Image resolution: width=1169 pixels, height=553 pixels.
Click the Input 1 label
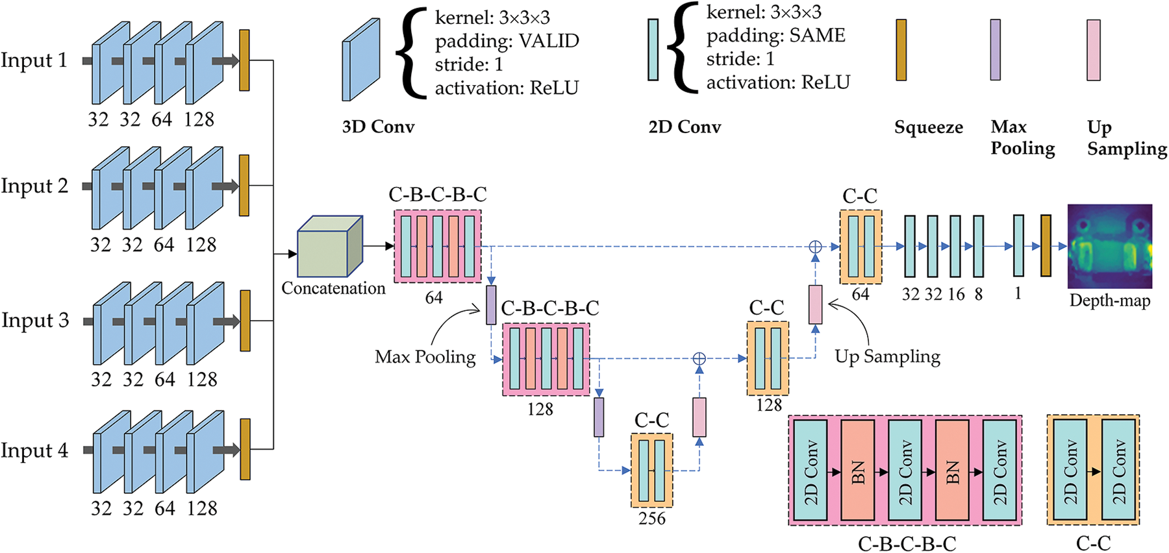[34, 60]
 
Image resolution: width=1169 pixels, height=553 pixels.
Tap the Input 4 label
[34, 450]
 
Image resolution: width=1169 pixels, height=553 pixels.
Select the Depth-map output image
[1110, 246]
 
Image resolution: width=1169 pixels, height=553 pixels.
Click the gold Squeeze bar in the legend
[901, 50]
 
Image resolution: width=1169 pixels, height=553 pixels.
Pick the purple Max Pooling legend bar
[995, 50]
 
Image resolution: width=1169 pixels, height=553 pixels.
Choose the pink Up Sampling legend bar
[1094, 50]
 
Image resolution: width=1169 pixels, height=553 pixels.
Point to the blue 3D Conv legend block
[361, 60]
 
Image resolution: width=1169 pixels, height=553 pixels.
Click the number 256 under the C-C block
[651, 519]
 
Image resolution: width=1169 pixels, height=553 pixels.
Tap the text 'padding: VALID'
[507, 41]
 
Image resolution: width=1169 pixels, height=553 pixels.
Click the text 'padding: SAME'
[776, 36]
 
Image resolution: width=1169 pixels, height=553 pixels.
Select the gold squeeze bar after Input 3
[245, 321]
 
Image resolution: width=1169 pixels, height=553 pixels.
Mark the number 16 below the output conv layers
[956, 294]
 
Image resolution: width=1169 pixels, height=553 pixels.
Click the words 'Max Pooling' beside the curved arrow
[425, 357]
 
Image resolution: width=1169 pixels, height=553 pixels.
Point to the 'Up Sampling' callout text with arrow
[887, 356]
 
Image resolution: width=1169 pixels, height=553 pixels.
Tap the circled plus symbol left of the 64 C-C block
[815, 247]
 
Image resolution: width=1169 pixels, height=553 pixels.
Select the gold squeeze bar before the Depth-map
[1046, 246]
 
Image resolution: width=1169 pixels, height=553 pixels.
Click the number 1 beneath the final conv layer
[1018, 294]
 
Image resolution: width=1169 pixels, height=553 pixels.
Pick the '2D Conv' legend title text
[685, 127]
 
